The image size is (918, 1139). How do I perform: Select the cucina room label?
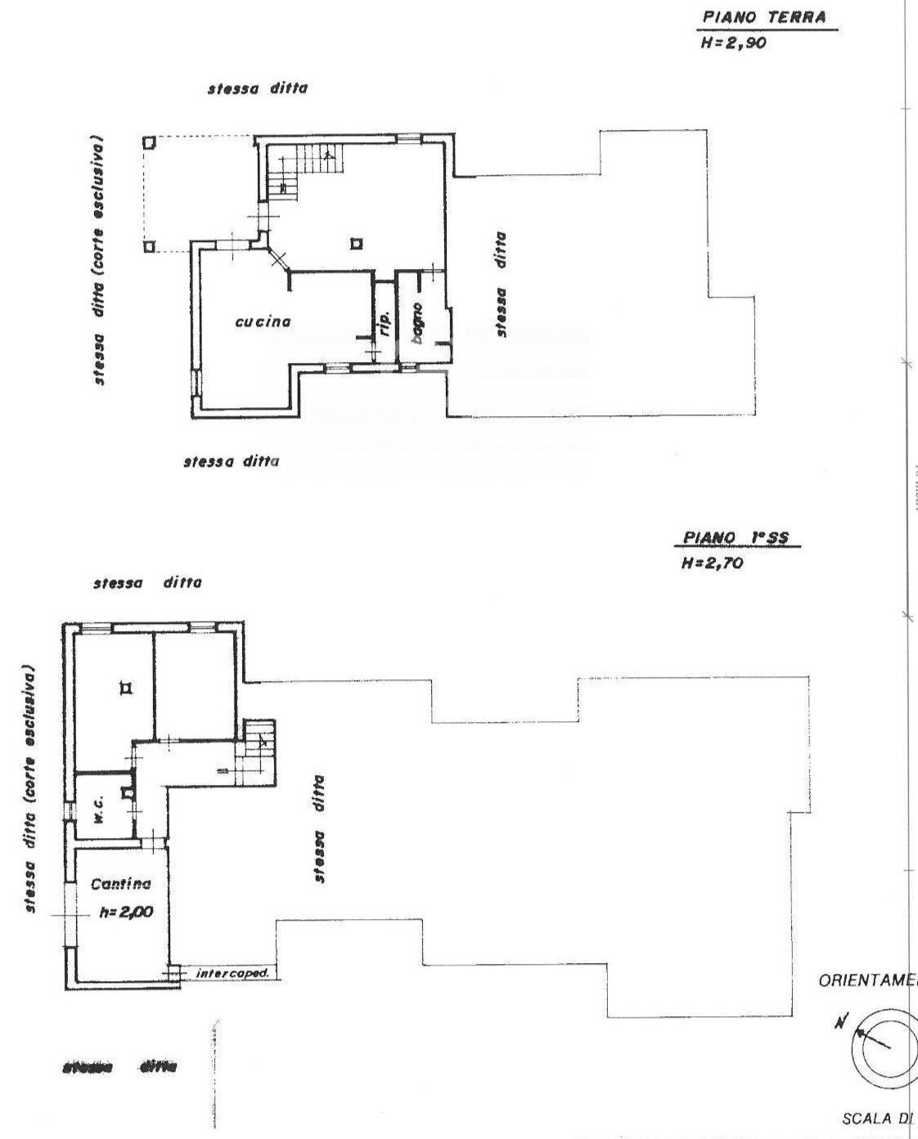(263, 321)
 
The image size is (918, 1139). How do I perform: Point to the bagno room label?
(417, 324)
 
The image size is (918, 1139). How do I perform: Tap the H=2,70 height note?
(712, 563)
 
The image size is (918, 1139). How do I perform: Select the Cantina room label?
(120, 884)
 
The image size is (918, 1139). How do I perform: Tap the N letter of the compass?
(841, 1021)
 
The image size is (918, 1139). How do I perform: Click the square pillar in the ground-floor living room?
(356, 243)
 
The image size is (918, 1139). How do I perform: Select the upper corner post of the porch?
(148, 141)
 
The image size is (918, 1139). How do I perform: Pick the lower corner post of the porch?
(148, 246)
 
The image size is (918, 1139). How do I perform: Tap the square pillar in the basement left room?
(124, 688)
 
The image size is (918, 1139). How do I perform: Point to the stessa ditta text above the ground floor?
(258, 88)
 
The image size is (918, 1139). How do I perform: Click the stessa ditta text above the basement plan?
(146, 583)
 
